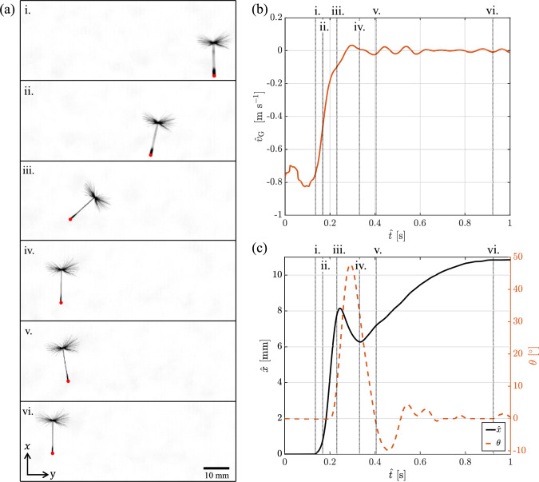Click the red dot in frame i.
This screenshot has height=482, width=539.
[214, 74]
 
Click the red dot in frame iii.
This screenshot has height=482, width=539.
[70, 218]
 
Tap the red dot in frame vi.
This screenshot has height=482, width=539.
[53, 453]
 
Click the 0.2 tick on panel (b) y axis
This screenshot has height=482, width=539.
[274, 17]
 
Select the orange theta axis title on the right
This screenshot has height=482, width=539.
[533, 355]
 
